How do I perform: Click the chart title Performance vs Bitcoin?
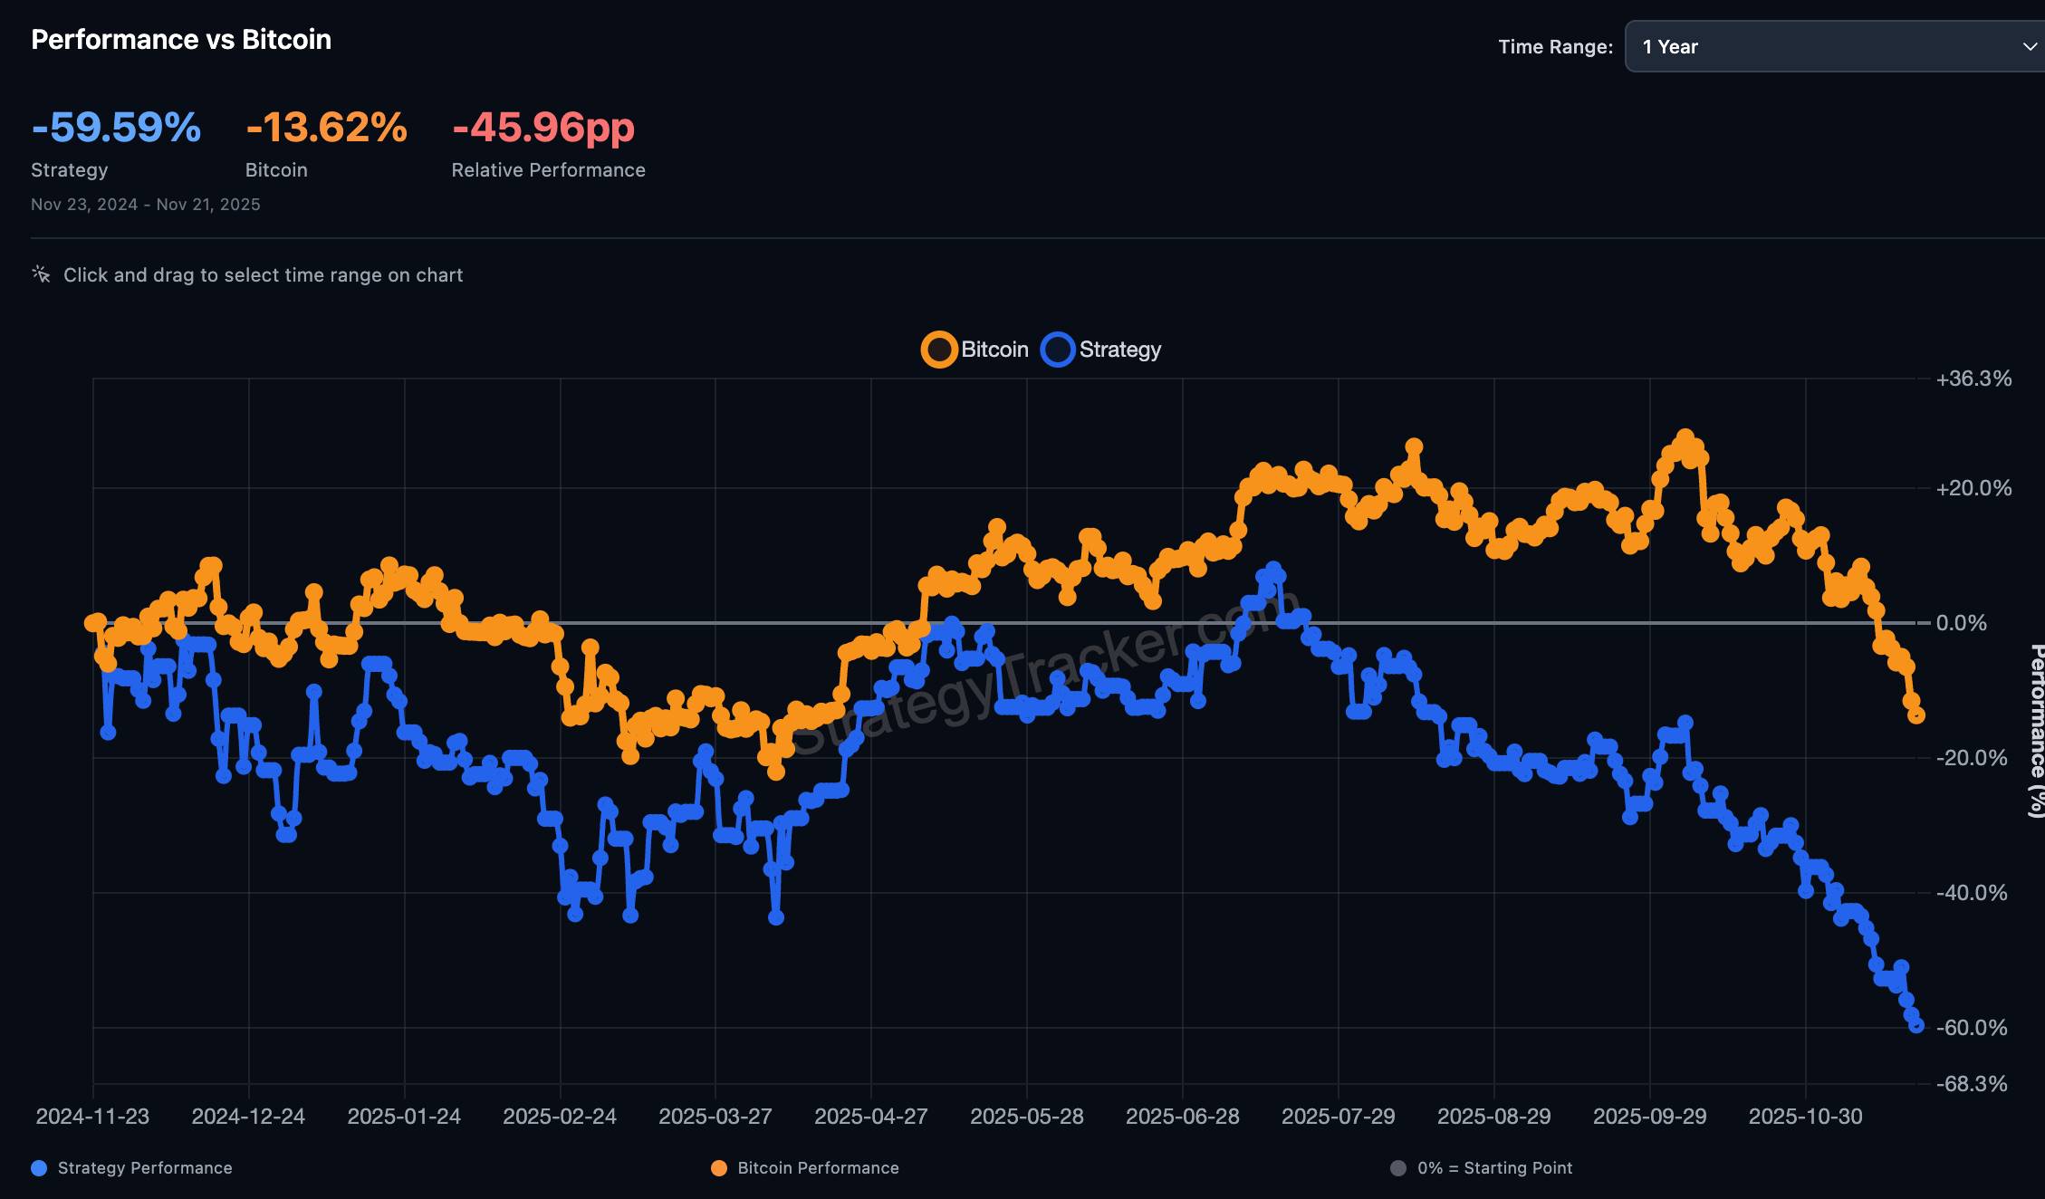click(x=181, y=40)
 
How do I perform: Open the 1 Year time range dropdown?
click(x=1835, y=47)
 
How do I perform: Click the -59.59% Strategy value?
click(x=116, y=127)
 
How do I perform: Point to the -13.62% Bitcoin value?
click(x=326, y=127)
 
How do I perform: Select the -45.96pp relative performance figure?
click(x=543, y=127)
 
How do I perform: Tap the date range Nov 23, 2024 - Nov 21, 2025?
click(x=146, y=205)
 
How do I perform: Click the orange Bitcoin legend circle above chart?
click(x=939, y=350)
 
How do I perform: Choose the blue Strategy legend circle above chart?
click(x=1058, y=350)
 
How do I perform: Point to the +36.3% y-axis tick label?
click(x=1973, y=379)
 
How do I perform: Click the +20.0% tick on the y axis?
click(x=1973, y=489)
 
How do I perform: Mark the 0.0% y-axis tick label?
click(x=1961, y=623)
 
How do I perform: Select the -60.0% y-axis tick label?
click(x=1972, y=1028)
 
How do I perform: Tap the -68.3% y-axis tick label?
click(x=1972, y=1084)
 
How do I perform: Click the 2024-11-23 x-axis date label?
click(x=92, y=1117)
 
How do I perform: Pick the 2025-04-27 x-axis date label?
click(x=871, y=1117)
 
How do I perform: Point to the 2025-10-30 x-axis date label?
click(x=1805, y=1117)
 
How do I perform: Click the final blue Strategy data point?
click(x=1916, y=1025)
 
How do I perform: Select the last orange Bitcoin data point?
click(x=1916, y=715)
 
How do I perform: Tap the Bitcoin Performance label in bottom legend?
click(x=818, y=1168)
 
